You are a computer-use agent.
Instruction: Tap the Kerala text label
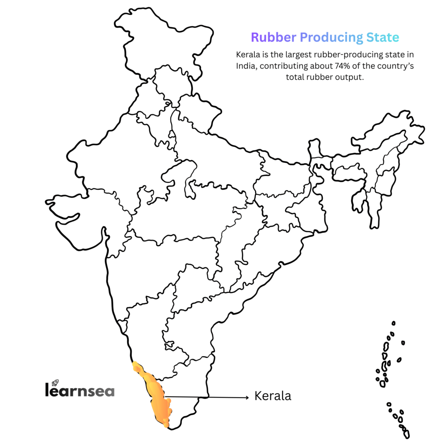click(x=273, y=396)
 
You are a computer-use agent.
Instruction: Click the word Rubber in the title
click(x=274, y=37)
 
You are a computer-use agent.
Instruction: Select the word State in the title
click(x=382, y=37)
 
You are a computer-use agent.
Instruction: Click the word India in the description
click(x=246, y=66)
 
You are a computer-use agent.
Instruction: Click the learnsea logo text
click(x=80, y=390)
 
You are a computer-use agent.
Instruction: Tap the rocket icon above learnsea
click(x=55, y=382)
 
